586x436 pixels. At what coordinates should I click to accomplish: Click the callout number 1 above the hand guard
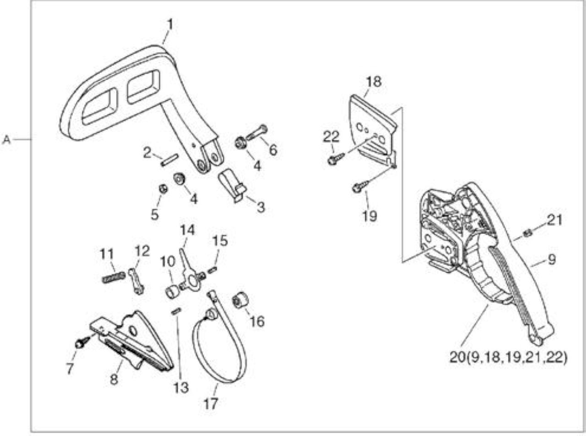[x=170, y=25]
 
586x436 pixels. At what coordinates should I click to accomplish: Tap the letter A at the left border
[x=6, y=140]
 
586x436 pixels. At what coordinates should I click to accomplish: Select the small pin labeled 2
[x=169, y=160]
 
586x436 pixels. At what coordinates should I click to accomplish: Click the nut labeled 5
[x=163, y=189]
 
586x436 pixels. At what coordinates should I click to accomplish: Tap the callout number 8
[x=114, y=380]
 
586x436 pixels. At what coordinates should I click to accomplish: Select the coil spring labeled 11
[x=114, y=278]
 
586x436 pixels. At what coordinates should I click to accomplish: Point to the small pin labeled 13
[x=176, y=311]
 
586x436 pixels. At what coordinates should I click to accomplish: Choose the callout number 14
[x=188, y=230]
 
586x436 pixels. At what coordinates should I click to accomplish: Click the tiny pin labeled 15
[x=212, y=271]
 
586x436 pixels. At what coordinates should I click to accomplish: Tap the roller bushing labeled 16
[x=241, y=300]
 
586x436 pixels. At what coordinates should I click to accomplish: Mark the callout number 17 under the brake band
[x=211, y=404]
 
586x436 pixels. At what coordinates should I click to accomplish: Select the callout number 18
[x=374, y=82]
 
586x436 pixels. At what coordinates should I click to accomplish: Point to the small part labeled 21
[x=527, y=233]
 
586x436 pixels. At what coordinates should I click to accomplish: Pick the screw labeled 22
[x=336, y=158]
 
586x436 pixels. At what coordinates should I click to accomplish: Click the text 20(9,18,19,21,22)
[x=509, y=358]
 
